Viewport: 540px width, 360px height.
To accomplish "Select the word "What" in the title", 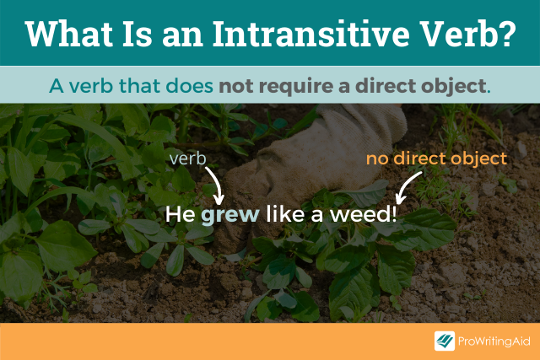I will click(x=65, y=33).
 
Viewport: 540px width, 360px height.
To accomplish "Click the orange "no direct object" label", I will click(x=436, y=158).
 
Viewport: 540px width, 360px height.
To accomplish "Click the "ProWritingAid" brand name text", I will click(x=494, y=341).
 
